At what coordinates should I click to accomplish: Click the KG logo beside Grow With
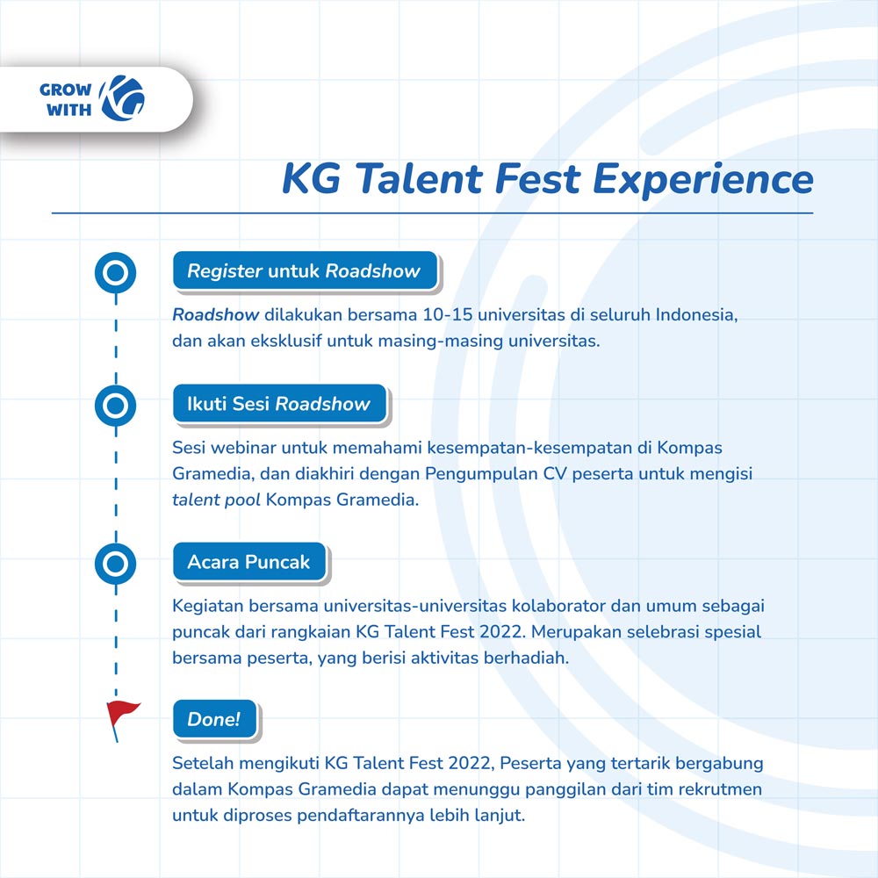pos(122,98)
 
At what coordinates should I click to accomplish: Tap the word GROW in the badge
pos(66,90)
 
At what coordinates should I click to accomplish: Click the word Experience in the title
pos(702,180)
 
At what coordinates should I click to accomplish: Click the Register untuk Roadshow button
pos(305,271)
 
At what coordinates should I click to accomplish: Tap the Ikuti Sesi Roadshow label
pos(279,404)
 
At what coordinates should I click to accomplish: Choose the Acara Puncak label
pos(249,562)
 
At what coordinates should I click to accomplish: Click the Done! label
pos(214,719)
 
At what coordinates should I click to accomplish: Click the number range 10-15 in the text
pos(448,314)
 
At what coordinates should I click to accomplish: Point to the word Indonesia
pos(696,314)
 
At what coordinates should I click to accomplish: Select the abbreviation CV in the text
pos(555,474)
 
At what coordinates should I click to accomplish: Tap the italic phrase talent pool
pos(216,500)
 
